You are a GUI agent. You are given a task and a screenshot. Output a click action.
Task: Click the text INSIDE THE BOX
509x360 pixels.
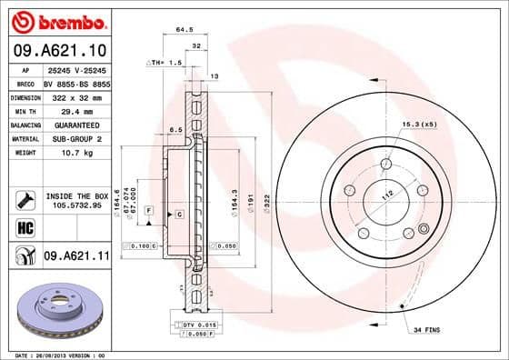[77, 195]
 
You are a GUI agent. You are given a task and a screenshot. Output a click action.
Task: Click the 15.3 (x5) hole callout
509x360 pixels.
[416, 124]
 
